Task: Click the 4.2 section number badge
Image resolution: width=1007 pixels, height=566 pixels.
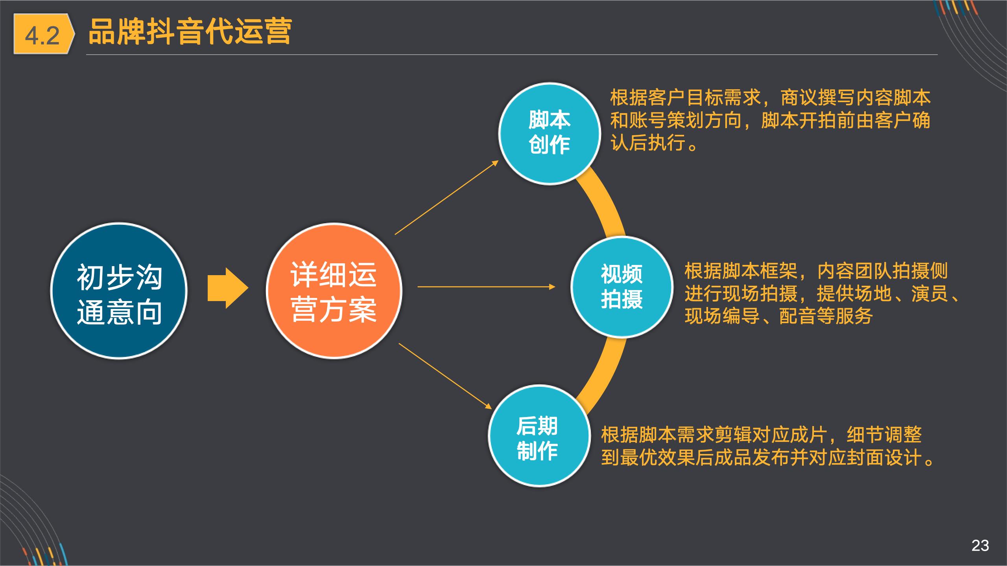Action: (42, 35)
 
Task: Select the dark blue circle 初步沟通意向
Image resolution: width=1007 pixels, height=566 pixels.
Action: (119, 291)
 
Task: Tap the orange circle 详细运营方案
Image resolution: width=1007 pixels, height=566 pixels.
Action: (334, 291)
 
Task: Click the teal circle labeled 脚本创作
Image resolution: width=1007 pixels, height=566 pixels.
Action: (549, 133)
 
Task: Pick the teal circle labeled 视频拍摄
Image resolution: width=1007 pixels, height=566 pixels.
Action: (622, 287)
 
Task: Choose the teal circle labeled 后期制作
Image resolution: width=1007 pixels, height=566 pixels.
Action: (539, 436)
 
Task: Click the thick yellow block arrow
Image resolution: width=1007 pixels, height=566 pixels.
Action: (227, 288)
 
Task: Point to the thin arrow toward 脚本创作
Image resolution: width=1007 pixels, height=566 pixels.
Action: (446, 198)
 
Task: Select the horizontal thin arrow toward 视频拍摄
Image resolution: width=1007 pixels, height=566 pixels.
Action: (486, 287)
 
